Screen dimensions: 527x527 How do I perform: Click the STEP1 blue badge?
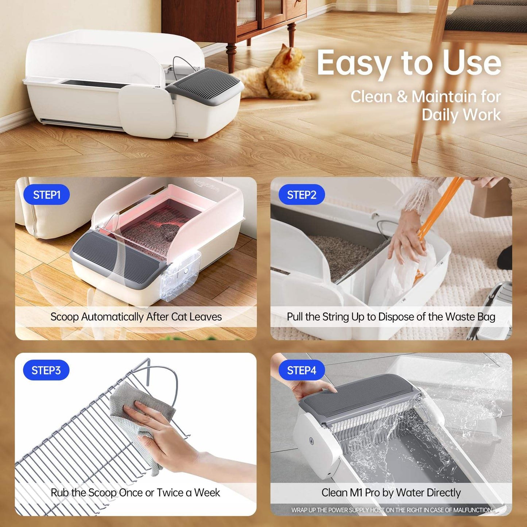pyautogui.click(x=46, y=195)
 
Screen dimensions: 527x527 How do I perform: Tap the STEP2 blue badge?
pyautogui.click(x=301, y=195)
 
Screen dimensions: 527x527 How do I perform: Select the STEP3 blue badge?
pyautogui.click(x=46, y=371)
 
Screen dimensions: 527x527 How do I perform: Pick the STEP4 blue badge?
pyautogui.click(x=301, y=371)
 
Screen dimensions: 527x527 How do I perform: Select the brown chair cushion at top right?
pyautogui.click(x=485, y=18)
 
